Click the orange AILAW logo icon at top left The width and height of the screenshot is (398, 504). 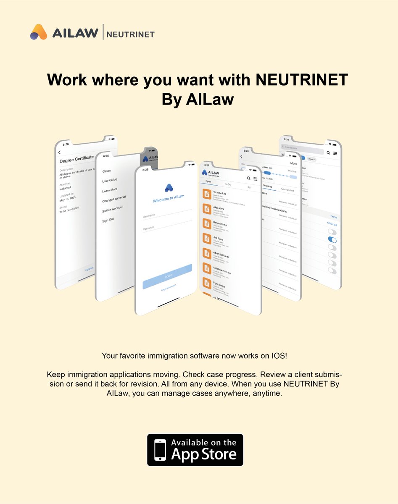(39, 32)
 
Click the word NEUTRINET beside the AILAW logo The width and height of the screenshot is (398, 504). (130, 34)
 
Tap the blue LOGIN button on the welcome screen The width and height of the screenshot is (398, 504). (167, 276)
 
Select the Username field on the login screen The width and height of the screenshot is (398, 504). (166, 215)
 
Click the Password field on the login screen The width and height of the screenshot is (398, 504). (166, 229)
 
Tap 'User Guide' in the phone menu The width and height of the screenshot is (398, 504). (110, 180)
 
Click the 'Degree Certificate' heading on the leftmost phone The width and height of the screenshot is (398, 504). (76, 160)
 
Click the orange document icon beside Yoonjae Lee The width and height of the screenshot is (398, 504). (207, 194)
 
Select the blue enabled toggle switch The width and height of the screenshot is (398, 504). (332, 240)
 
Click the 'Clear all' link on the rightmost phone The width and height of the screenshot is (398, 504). (332, 224)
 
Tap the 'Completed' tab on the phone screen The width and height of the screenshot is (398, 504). (287, 190)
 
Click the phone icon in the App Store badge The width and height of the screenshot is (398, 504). (160, 450)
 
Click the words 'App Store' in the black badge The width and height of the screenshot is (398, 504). (203, 454)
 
